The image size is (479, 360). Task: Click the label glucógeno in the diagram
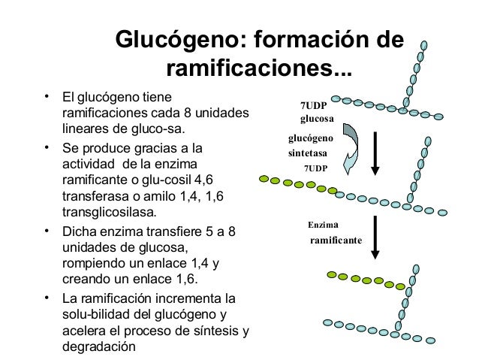point(311,138)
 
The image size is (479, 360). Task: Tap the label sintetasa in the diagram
point(308,153)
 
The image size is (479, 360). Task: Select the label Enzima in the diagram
point(324,225)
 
